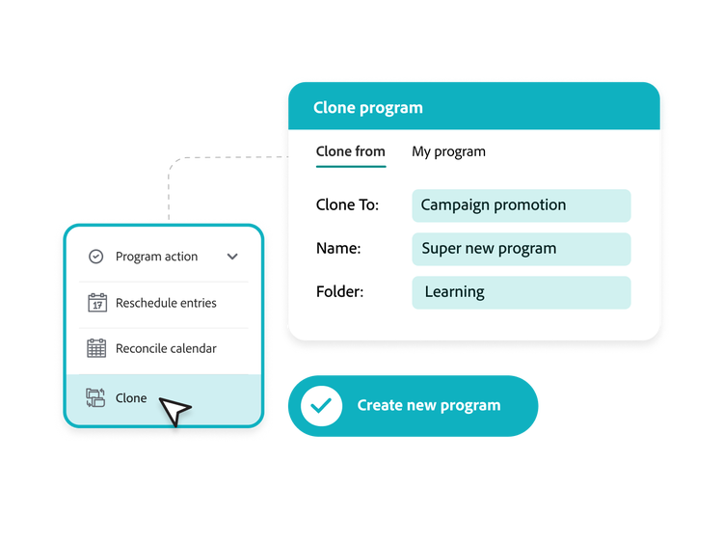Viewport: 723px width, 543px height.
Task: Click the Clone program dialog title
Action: [x=367, y=108]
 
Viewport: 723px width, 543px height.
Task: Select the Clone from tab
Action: [x=350, y=151]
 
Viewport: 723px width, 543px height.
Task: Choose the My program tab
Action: [x=448, y=151]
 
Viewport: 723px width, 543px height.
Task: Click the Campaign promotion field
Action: [x=521, y=205]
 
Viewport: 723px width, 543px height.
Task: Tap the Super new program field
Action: [x=521, y=249]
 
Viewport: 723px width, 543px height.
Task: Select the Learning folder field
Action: [x=521, y=292]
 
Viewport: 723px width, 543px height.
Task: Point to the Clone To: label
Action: [x=347, y=205]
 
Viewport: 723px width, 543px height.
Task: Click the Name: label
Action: [x=338, y=249]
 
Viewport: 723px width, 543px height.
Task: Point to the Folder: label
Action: [x=340, y=292]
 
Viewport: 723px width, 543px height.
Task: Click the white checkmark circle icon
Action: [x=321, y=406]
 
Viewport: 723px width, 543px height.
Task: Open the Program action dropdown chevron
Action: [x=232, y=257]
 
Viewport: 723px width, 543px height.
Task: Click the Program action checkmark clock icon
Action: [x=96, y=257]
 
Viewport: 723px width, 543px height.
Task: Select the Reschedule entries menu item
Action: [x=166, y=303]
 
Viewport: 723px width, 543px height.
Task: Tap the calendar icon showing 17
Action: [x=96, y=303]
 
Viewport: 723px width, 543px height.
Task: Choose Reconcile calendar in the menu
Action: [x=166, y=348]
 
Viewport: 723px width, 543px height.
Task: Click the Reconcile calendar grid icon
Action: [x=96, y=348]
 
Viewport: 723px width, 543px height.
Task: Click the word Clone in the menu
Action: [x=131, y=397]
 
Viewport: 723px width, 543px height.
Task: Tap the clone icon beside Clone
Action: [x=95, y=397]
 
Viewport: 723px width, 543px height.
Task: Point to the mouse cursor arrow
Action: [x=175, y=411]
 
